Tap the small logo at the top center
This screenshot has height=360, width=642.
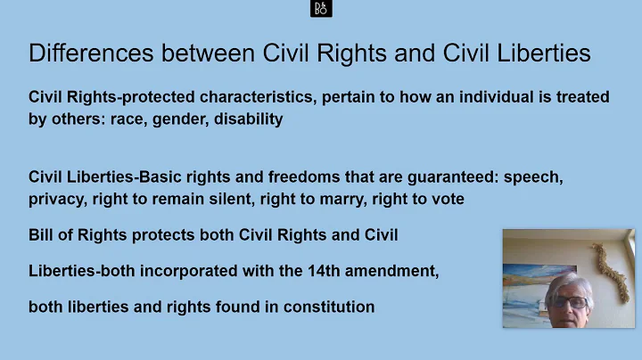[x=321, y=9]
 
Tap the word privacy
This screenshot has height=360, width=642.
[x=56, y=199]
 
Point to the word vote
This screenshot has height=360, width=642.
[x=448, y=199]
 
